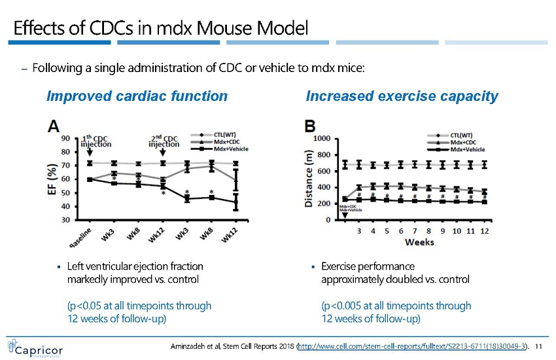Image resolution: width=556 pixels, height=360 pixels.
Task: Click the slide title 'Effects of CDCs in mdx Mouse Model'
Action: [161, 28]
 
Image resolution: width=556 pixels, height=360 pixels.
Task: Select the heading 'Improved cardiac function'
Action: [137, 96]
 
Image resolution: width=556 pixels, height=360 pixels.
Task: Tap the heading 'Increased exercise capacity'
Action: [402, 96]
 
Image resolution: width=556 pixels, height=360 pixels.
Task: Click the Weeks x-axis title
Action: [419, 243]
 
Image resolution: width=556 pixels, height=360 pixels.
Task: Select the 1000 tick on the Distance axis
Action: [321, 139]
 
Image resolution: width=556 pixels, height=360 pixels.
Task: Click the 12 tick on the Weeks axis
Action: [484, 230]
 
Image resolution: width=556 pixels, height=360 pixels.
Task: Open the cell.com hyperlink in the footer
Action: [412, 345]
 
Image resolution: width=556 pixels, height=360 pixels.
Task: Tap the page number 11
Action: [540, 345]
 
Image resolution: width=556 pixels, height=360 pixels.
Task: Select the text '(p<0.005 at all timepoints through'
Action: [396, 306]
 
